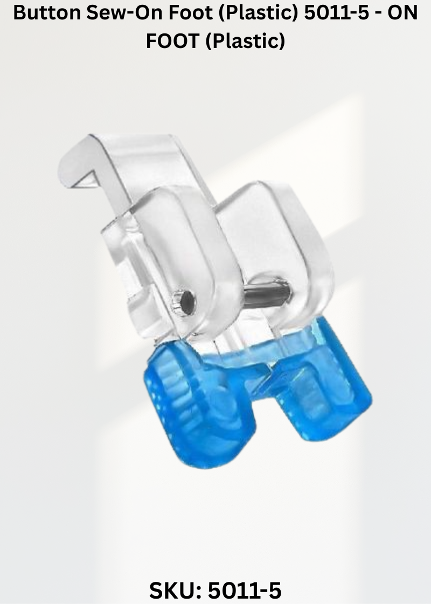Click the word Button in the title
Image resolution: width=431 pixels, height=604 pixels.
click(47, 13)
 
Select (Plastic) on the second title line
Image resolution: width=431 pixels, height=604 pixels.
click(245, 42)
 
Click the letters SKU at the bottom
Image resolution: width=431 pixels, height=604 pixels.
click(174, 590)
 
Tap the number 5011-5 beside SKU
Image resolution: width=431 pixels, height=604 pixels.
click(245, 590)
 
